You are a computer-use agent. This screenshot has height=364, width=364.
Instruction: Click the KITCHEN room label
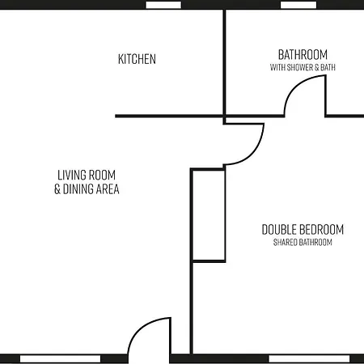137,59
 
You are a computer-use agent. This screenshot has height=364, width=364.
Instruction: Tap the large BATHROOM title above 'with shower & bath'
303,54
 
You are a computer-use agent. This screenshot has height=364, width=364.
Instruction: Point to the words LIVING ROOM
87,175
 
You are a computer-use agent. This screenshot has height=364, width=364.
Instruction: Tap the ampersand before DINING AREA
57,189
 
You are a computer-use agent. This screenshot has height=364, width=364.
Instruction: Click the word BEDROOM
321,229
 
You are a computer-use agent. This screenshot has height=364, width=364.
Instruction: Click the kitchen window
163,4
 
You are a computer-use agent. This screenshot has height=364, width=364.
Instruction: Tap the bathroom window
298,4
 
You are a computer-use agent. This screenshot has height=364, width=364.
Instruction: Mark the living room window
53,358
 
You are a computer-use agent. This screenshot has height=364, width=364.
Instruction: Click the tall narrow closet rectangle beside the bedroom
208,215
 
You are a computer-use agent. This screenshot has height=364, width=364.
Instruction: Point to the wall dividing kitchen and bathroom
223,61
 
